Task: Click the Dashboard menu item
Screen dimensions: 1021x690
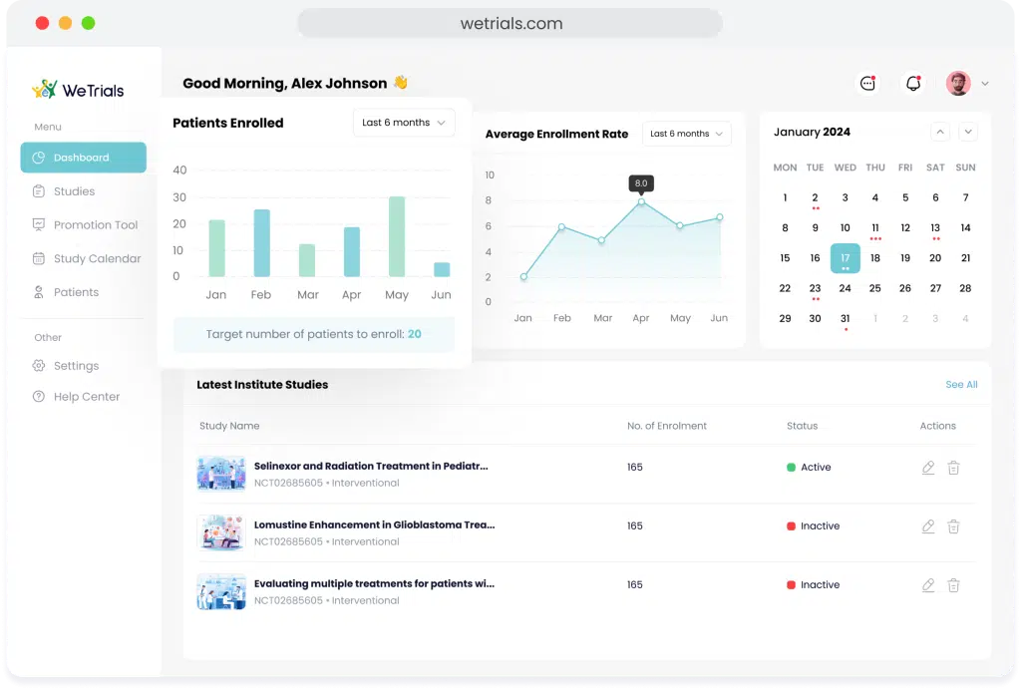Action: [84, 158]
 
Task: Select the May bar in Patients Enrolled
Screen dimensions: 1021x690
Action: [397, 236]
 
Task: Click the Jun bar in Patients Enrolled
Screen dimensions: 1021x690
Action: [442, 269]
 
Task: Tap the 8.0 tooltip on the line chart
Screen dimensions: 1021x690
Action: [641, 182]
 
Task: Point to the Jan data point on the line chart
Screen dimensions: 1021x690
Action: [523, 276]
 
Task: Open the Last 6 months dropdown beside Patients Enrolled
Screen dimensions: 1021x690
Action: [404, 123]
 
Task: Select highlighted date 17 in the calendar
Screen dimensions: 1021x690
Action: [846, 258]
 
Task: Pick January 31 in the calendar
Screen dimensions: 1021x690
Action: [846, 318]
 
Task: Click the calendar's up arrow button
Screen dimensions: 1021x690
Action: [940, 133]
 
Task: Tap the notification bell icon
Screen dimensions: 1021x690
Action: [913, 84]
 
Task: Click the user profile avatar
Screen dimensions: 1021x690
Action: [958, 84]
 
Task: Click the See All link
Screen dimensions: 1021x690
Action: [962, 385]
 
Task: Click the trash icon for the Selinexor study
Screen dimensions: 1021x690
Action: [953, 468]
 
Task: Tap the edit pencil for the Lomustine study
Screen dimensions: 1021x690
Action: [928, 525]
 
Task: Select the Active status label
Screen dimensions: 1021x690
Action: [816, 468]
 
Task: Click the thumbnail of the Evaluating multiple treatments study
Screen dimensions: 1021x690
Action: [221, 591]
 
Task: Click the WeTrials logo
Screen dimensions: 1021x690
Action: [78, 90]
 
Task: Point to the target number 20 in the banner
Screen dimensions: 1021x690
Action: [415, 334]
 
